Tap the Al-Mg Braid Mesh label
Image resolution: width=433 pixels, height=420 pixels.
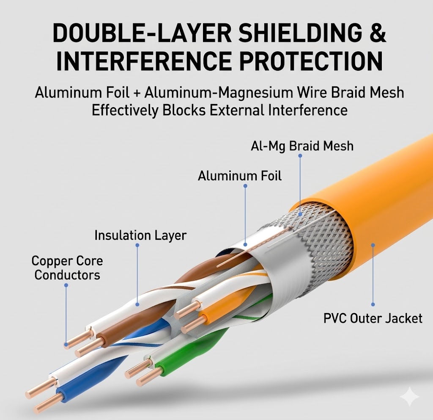click(301, 146)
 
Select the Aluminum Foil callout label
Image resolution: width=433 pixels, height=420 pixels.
click(239, 175)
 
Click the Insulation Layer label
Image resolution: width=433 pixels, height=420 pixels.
click(140, 235)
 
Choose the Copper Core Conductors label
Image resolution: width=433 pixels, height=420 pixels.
click(67, 268)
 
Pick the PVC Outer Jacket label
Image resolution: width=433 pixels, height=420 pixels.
click(373, 318)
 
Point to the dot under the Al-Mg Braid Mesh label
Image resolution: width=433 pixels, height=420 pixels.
click(300, 156)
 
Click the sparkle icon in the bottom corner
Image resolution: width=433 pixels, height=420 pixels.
click(409, 398)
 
